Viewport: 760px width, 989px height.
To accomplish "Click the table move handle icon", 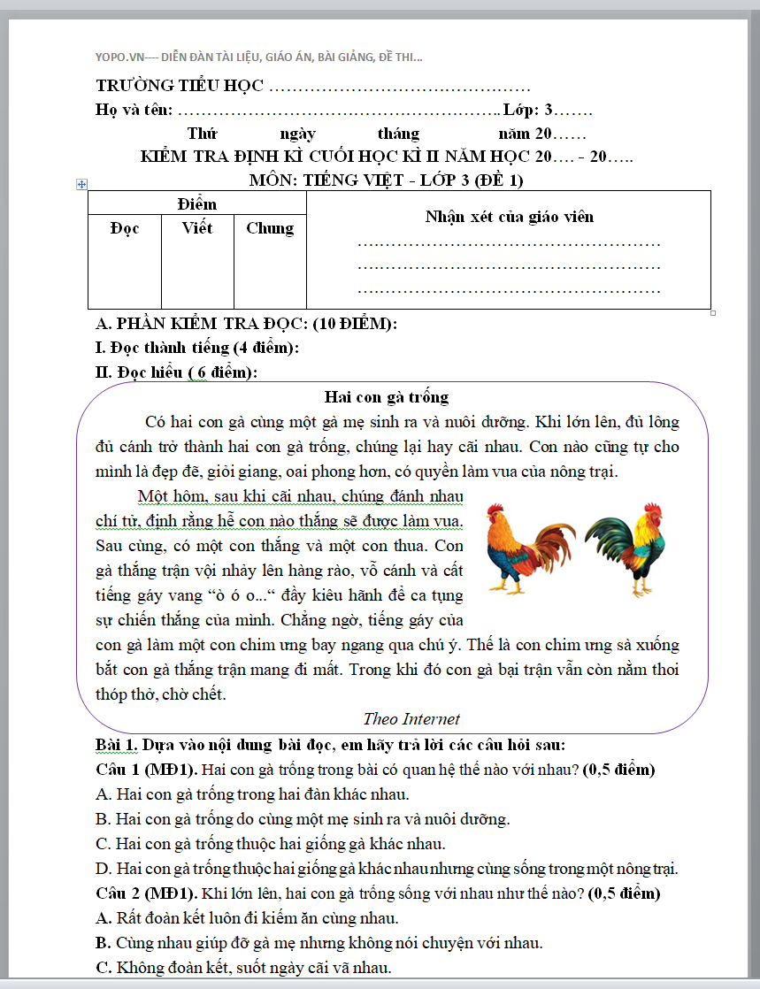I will [x=82, y=184].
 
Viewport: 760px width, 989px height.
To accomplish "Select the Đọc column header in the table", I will [x=125, y=228].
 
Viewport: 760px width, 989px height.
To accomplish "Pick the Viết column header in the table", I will [x=197, y=228].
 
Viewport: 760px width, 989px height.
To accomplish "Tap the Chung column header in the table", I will [x=270, y=228].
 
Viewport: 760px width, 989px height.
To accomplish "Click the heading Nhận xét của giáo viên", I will [x=509, y=217].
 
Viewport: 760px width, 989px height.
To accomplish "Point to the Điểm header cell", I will [x=196, y=204].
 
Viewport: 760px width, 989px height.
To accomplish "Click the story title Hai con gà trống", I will [x=387, y=396].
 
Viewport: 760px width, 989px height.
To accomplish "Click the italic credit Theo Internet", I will [x=411, y=719].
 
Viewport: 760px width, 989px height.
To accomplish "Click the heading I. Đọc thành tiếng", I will [x=196, y=348].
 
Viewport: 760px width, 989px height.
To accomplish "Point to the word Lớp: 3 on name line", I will [x=527, y=111].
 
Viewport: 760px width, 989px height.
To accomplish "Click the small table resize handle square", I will [x=713, y=313].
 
